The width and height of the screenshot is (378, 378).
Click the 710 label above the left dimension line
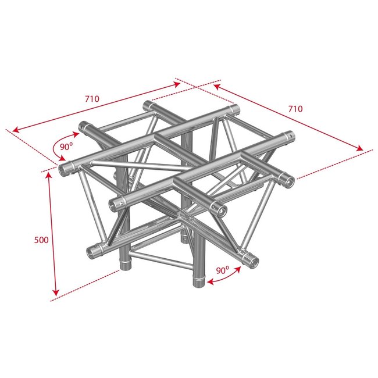pos(91,99)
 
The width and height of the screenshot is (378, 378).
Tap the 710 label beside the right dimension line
pos(296,109)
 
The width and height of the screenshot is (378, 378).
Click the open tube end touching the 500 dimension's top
pos(66,170)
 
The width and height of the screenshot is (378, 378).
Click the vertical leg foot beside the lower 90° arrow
pos(197,282)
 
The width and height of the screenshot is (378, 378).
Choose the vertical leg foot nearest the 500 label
pos(124,266)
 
